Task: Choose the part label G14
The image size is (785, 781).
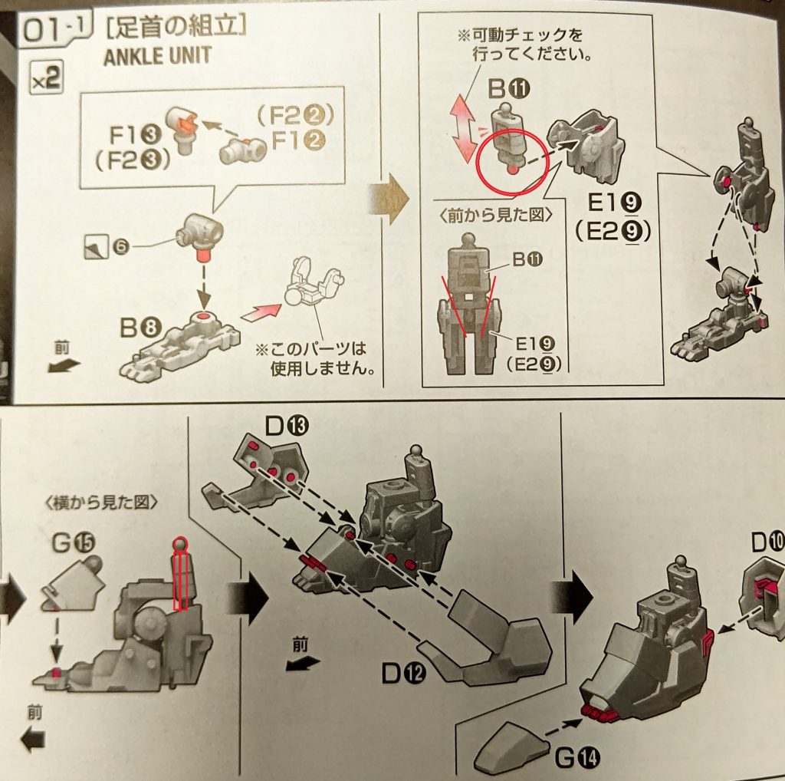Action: click(x=577, y=760)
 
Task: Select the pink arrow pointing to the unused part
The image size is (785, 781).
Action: click(x=261, y=310)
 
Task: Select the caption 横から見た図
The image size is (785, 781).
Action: click(x=101, y=503)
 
